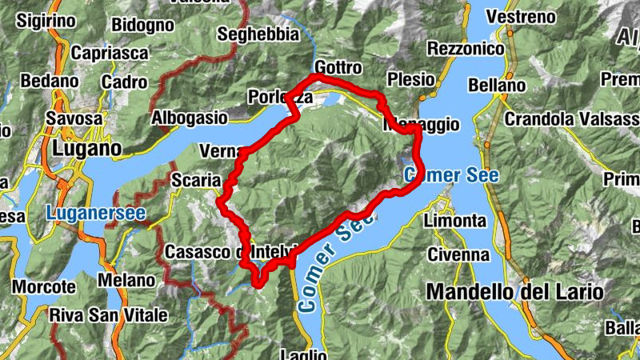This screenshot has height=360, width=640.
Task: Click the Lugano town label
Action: (x=86, y=149)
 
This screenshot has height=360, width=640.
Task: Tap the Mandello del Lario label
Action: (x=515, y=292)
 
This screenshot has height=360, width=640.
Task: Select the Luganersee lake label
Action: (x=96, y=214)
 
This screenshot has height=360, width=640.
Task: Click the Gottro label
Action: (x=338, y=67)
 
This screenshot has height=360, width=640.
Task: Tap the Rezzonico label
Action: (x=466, y=50)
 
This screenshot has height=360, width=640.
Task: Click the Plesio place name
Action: (x=410, y=79)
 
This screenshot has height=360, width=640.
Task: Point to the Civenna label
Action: (x=458, y=254)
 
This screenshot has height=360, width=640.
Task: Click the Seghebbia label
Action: (x=258, y=34)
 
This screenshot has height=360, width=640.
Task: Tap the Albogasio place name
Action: (x=190, y=117)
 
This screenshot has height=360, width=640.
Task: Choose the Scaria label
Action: (x=195, y=181)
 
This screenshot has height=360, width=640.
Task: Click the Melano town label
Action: (x=126, y=281)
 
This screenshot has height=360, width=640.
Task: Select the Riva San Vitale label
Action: (x=102, y=314)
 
